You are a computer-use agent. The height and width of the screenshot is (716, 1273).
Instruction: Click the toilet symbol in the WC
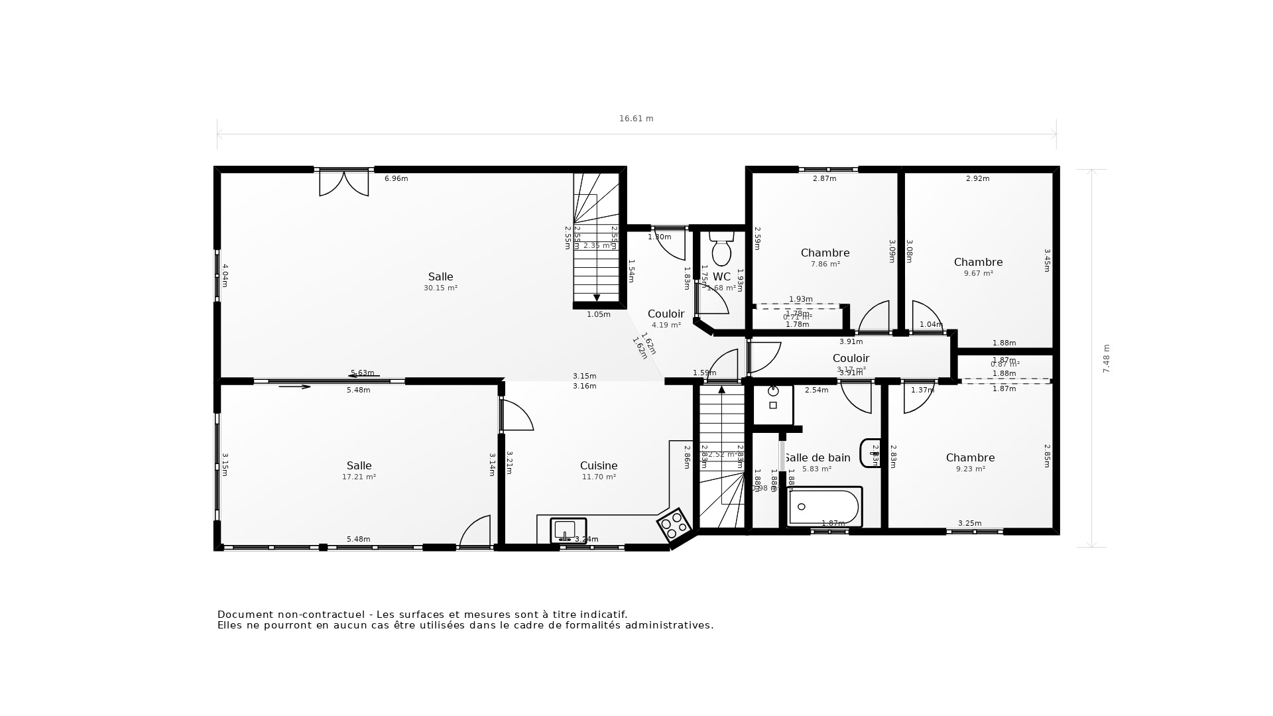pyautogui.click(x=721, y=249)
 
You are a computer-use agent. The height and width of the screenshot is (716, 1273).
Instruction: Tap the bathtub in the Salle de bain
pyautogui.click(x=825, y=507)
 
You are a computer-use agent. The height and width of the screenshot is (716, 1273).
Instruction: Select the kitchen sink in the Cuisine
pyautogui.click(x=568, y=530)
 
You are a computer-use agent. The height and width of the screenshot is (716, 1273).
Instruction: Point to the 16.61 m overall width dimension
pyautogui.click(x=636, y=119)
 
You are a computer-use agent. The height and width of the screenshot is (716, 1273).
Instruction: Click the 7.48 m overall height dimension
pyautogui.click(x=1106, y=359)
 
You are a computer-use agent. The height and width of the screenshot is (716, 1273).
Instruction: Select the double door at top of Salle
pyautogui.click(x=343, y=182)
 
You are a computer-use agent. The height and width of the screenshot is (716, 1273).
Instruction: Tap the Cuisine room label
pyautogui.click(x=599, y=466)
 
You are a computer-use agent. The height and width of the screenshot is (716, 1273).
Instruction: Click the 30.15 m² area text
pyautogui.click(x=440, y=288)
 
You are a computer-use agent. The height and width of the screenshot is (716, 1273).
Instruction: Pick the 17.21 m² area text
pyautogui.click(x=359, y=477)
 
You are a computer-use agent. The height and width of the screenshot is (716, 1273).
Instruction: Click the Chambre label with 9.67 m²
pyautogui.click(x=978, y=263)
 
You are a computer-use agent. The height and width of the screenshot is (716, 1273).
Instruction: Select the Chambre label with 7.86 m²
pyautogui.click(x=825, y=253)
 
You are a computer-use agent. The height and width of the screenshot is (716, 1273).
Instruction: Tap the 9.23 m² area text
pyautogui.click(x=970, y=469)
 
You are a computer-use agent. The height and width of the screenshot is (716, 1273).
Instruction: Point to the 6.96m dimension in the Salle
pyautogui.click(x=396, y=178)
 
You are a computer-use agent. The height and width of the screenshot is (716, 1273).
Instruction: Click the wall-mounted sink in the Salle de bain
pyautogui.click(x=870, y=453)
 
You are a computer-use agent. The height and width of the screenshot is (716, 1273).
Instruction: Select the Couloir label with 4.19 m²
pyautogui.click(x=666, y=314)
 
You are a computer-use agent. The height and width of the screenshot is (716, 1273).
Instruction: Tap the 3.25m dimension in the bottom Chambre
pyautogui.click(x=969, y=523)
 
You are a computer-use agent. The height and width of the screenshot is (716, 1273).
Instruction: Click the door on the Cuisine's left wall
pyautogui.click(x=516, y=416)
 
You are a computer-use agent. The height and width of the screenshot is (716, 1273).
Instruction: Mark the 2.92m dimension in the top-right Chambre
pyautogui.click(x=977, y=178)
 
